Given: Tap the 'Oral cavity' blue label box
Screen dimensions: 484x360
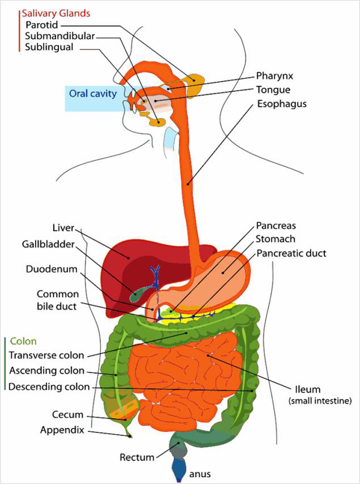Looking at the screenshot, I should pos(93,94).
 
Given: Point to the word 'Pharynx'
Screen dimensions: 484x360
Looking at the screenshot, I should pos(275,75).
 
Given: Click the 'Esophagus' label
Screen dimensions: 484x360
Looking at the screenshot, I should pos(282,104).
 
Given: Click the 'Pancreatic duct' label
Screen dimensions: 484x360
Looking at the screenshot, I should pos(291,253).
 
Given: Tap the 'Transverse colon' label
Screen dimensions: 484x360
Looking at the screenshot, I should pos(46,355).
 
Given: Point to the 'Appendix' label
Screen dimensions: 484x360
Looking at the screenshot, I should pos(62,430).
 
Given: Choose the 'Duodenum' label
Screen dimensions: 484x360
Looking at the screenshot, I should pos(51,269).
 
